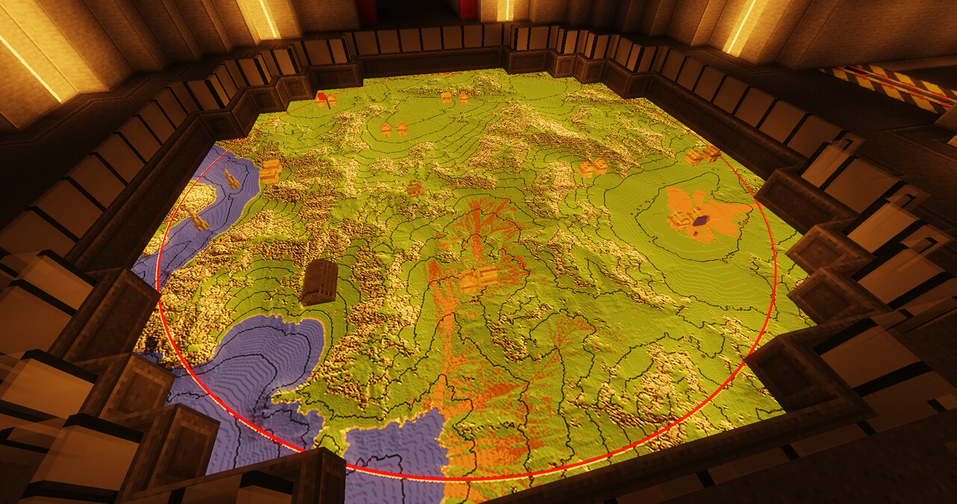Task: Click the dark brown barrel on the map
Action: tap(319, 281)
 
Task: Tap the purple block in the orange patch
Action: tap(701, 221)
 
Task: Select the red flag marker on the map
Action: tap(321, 96)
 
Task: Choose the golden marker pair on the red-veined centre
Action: tap(478, 279)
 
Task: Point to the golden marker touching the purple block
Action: tap(682, 220)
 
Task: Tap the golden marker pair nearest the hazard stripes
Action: tap(703, 155)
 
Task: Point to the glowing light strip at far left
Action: tap(30, 67)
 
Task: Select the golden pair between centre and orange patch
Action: tap(593, 168)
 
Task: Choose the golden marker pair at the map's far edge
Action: tap(455, 98)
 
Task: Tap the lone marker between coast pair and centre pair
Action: tap(414, 188)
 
